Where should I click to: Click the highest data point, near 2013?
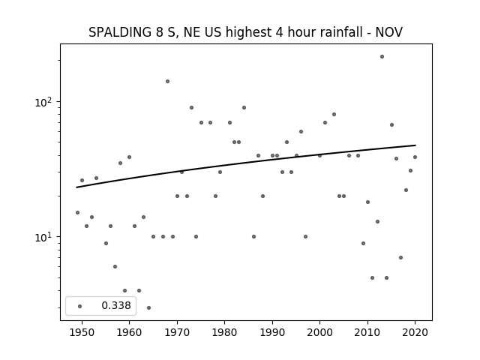[382, 57]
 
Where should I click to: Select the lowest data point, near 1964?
[148, 307]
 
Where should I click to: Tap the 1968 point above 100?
[167, 81]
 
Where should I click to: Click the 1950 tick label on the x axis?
[82, 332]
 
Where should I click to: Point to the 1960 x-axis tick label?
[129, 332]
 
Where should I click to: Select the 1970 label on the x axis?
[177, 332]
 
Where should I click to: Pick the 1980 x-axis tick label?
[224, 332]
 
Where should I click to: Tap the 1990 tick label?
[272, 332]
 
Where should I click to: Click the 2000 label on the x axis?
[319, 332]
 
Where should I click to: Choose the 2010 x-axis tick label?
[367, 332]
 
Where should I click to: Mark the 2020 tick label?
[415, 332]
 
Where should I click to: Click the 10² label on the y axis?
[43, 102]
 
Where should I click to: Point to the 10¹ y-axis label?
[43, 237]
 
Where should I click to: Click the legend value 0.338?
[116, 305]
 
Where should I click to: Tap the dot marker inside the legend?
[79, 306]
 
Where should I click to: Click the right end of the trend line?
[415, 145]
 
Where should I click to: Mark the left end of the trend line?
[76, 187]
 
